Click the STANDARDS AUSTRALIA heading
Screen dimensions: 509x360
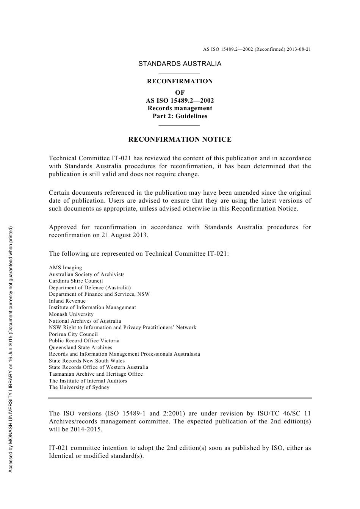(180, 64)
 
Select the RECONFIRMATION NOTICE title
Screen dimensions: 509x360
(180, 139)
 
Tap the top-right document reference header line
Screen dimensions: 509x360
(257, 49)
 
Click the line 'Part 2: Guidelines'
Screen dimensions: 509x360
(180, 116)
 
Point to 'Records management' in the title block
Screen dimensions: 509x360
(180, 108)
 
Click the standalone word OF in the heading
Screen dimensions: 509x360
(180, 92)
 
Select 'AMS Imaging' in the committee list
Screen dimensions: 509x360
(65, 268)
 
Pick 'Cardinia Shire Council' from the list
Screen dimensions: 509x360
(76, 281)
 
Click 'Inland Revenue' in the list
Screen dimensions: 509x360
(67, 301)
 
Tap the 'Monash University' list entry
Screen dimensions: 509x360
(71, 314)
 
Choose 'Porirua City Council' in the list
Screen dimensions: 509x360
(73, 334)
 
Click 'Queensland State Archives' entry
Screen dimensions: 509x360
(80, 348)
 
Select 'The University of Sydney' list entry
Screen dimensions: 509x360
(79, 387)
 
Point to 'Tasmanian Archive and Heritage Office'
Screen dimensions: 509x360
(95, 374)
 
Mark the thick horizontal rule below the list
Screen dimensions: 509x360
(180, 398)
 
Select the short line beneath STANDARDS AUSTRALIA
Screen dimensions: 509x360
(179, 73)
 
